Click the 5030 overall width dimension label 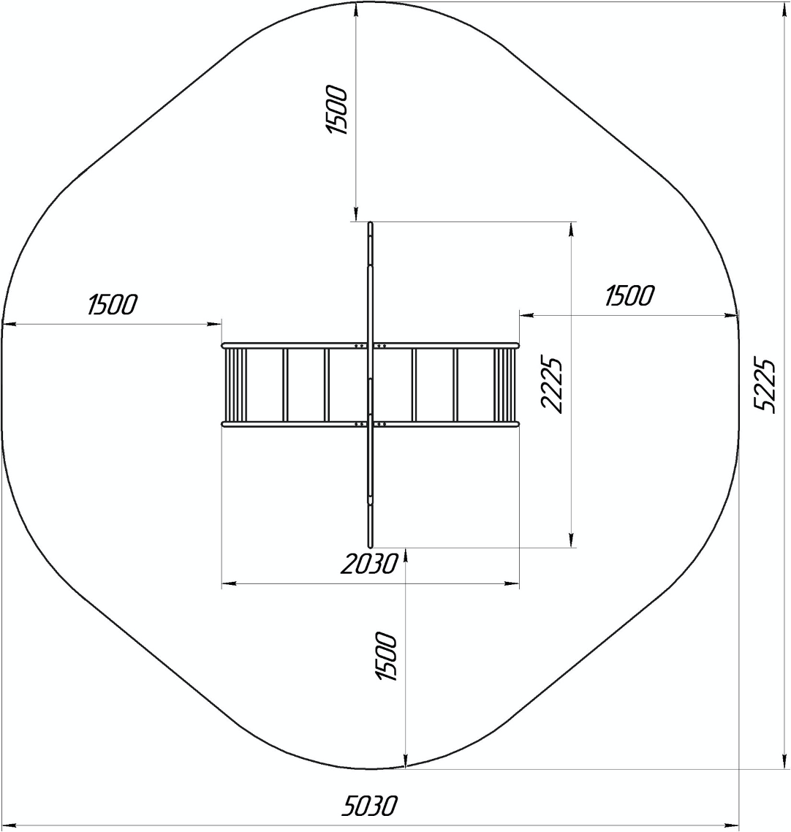[x=368, y=806]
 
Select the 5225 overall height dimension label [x=765, y=386]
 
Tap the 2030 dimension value [x=368, y=564]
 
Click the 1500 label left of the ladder [x=113, y=305]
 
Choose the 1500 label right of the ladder [x=629, y=295]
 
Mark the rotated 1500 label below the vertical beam [x=386, y=657]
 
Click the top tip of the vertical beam [x=371, y=223]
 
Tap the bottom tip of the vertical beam [x=371, y=546]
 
